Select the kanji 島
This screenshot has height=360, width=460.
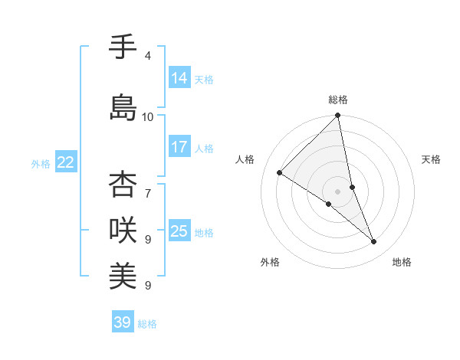tap(123, 108)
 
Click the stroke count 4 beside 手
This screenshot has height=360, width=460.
tap(147, 56)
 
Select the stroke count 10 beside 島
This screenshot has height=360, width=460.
tap(148, 116)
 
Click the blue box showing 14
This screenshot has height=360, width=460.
tap(179, 78)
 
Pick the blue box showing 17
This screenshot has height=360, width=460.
tap(179, 147)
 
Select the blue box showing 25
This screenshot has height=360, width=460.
tap(179, 231)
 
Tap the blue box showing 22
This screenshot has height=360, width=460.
tap(66, 162)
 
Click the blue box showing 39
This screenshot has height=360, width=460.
tap(123, 322)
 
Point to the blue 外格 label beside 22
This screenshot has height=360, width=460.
tap(41, 163)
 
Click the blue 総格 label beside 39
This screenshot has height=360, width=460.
tap(147, 323)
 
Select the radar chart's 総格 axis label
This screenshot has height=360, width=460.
tap(338, 100)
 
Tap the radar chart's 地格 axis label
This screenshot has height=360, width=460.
tap(402, 262)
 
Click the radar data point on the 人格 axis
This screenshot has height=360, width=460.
tap(280, 173)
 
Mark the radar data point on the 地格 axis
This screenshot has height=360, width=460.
tap(374, 241)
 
